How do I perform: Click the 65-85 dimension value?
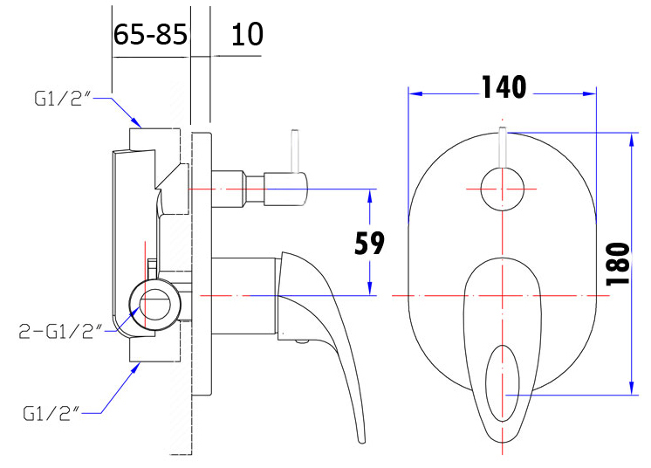(x=150, y=34)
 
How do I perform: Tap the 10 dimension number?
(x=247, y=34)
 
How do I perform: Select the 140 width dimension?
(x=504, y=87)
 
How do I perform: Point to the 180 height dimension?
(x=618, y=264)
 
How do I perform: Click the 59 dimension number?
(x=369, y=243)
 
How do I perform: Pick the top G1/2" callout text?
(x=62, y=99)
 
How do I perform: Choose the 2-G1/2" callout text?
(x=60, y=332)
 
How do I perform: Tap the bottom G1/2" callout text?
(x=51, y=414)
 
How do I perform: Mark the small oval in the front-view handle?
(x=503, y=383)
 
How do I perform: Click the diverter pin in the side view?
(x=295, y=151)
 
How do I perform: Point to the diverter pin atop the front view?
(x=503, y=148)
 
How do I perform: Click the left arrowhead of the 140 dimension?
(x=415, y=93)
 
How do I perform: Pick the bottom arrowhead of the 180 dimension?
(x=632, y=388)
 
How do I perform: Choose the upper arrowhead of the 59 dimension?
(x=369, y=196)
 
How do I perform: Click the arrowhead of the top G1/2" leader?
(x=136, y=121)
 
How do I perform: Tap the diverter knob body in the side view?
(x=286, y=189)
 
